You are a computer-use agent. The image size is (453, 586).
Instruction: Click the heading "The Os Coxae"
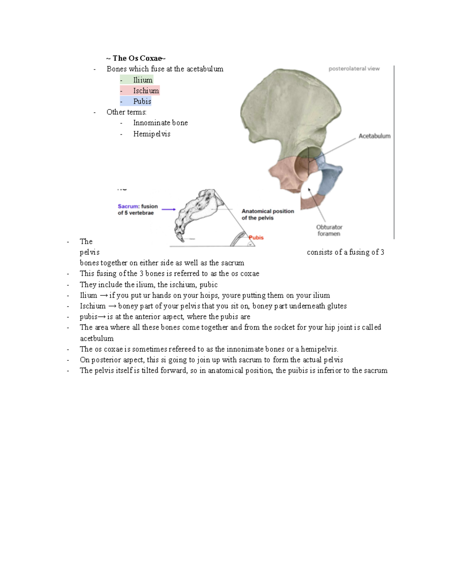pyautogui.click(x=136, y=58)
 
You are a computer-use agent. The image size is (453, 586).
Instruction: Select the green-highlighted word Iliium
pyautogui.click(x=142, y=80)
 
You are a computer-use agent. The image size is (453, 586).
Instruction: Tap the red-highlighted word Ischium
pyautogui.click(x=145, y=91)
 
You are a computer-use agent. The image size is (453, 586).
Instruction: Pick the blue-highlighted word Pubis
pyautogui.click(x=142, y=101)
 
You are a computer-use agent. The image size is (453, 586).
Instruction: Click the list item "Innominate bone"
pyautogui.click(x=160, y=123)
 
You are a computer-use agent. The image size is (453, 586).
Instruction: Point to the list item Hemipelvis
pyautogui.click(x=151, y=134)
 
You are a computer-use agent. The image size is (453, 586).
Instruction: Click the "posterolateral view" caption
pyautogui.click(x=354, y=69)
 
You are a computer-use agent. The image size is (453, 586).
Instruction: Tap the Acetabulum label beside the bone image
pyautogui.click(x=374, y=136)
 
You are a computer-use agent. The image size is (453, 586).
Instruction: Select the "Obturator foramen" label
pyautogui.click(x=329, y=230)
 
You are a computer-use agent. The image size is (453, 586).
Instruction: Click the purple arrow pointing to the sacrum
pyautogui.click(x=169, y=209)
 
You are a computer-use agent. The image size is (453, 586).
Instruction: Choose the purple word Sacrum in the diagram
pyautogui.click(x=128, y=206)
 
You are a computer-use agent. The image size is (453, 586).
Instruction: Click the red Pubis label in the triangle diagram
pyautogui.click(x=256, y=237)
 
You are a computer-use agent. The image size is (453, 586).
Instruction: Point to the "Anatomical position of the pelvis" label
pyautogui.click(x=267, y=214)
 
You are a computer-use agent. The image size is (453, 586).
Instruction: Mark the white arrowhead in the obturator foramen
pyautogui.click(x=309, y=190)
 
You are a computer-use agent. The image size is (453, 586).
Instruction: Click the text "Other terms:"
pyautogui.click(x=126, y=112)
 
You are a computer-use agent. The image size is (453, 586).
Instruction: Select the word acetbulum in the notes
pyautogui.click(x=97, y=338)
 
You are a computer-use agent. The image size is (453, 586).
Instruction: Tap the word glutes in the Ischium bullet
pyautogui.click(x=337, y=306)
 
